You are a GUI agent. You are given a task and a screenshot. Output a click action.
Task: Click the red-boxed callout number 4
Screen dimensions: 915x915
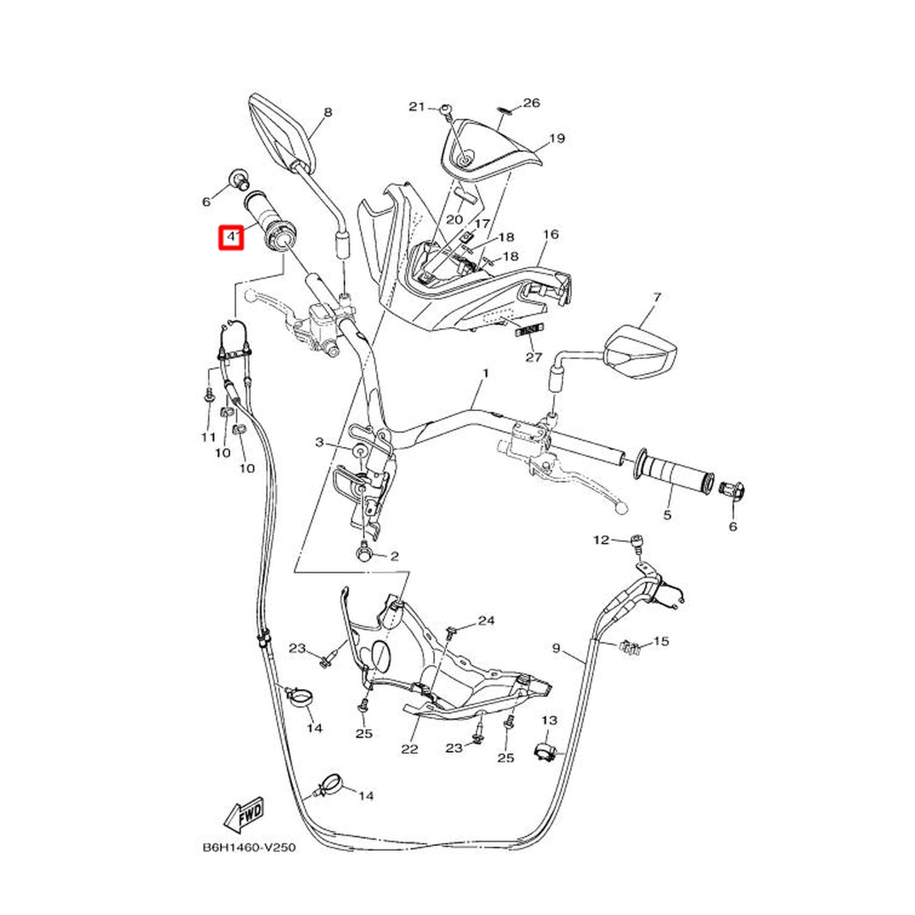(230, 237)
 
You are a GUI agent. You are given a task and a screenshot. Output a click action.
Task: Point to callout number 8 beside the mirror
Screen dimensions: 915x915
(327, 113)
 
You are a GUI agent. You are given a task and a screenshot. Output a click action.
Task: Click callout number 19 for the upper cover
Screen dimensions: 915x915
(557, 138)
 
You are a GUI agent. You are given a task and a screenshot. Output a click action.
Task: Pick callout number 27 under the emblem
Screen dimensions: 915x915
(534, 357)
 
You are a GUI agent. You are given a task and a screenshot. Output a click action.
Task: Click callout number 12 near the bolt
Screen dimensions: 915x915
(601, 540)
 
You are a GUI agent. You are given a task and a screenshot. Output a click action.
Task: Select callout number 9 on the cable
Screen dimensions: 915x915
(557, 648)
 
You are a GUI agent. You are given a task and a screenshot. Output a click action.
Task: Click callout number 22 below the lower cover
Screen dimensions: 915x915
(409, 749)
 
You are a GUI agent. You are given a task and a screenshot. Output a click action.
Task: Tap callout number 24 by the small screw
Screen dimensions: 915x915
(486, 620)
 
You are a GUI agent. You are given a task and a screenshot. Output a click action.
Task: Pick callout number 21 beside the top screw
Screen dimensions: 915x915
(417, 107)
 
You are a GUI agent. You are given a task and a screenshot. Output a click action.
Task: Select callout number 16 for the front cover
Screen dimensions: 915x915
(551, 234)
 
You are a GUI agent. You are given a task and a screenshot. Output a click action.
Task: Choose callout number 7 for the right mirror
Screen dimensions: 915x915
(657, 298)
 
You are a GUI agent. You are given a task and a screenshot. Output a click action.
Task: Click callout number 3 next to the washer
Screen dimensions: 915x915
(319, 443)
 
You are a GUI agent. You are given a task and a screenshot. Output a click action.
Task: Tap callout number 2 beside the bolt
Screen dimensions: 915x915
(394, 555)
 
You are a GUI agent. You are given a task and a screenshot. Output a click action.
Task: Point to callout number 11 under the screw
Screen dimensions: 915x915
(208, 437)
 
